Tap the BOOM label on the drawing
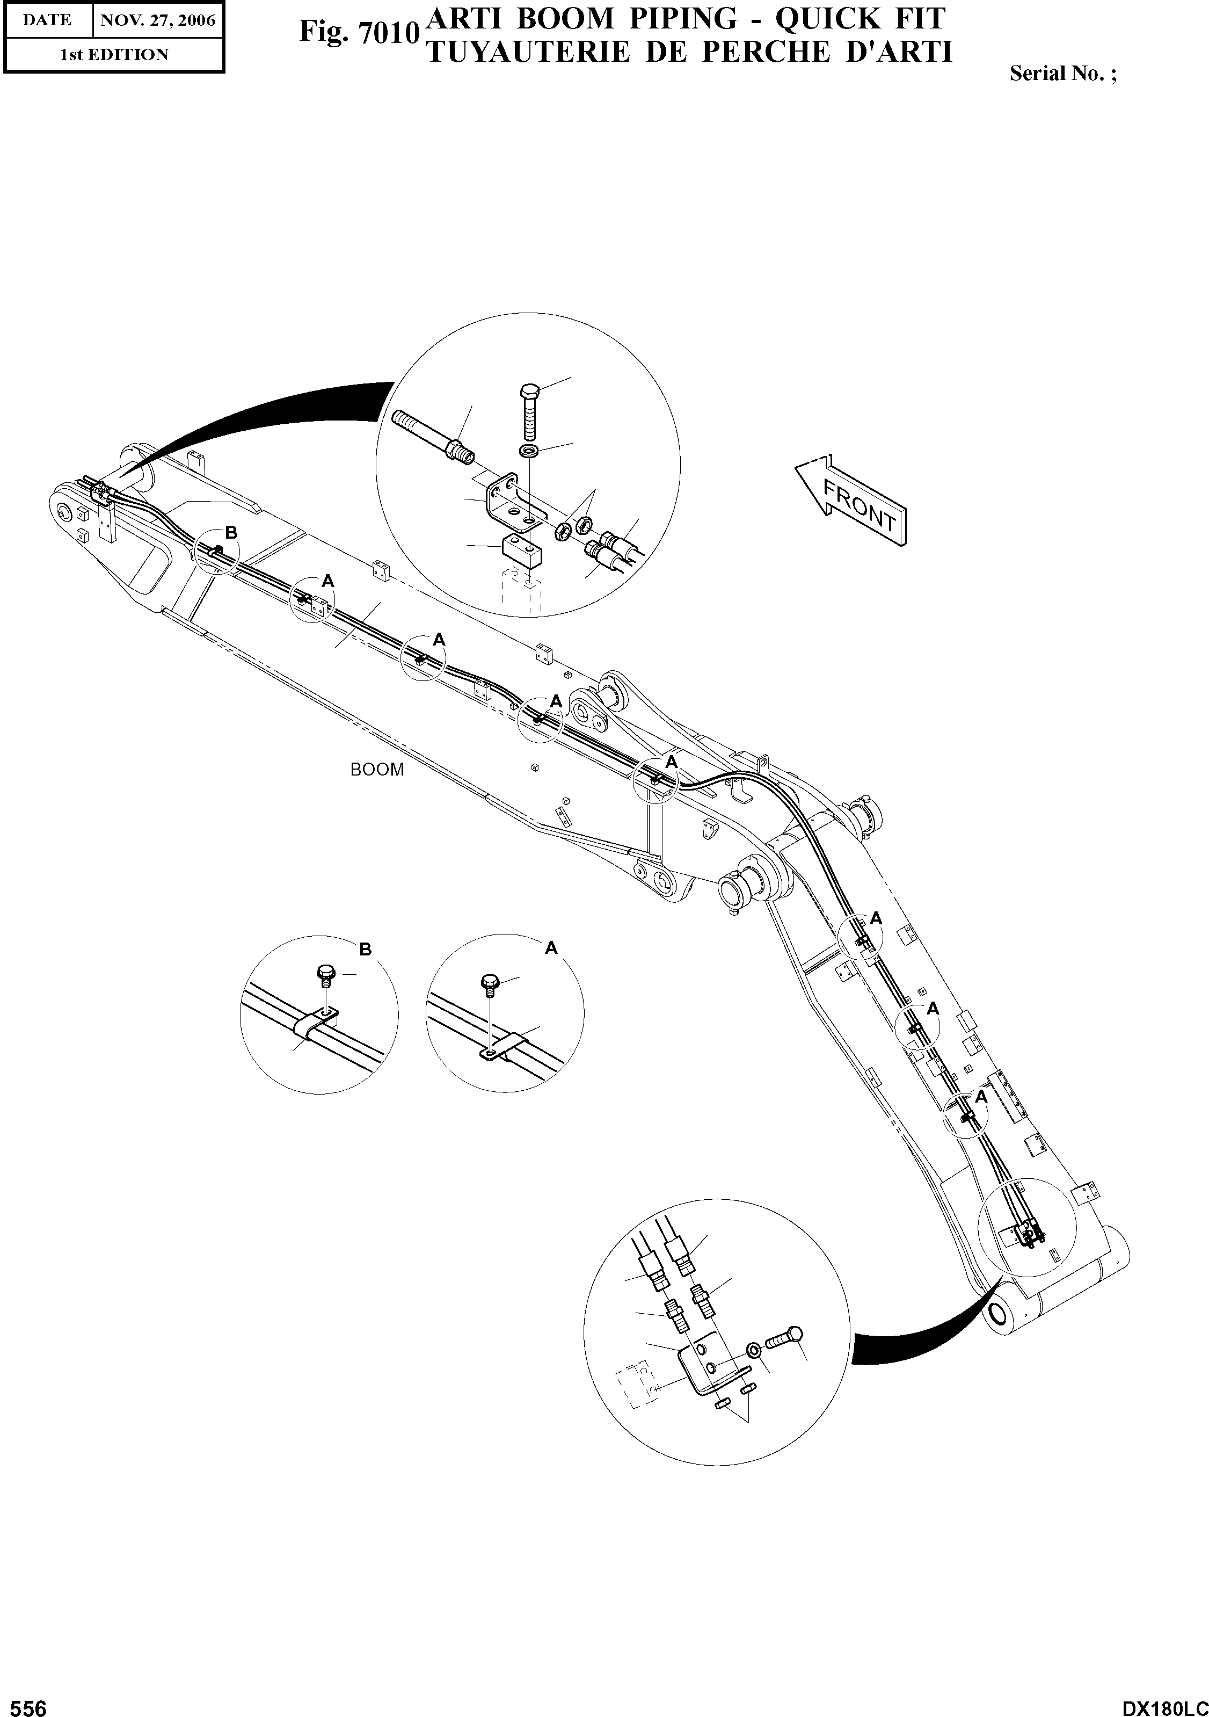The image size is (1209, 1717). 377,770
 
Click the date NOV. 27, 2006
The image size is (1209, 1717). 158,20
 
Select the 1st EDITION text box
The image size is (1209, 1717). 114,55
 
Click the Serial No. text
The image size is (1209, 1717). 1062,73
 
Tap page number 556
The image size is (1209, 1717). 24,1703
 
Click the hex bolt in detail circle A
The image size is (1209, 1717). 490,983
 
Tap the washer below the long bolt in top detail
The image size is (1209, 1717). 529,452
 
